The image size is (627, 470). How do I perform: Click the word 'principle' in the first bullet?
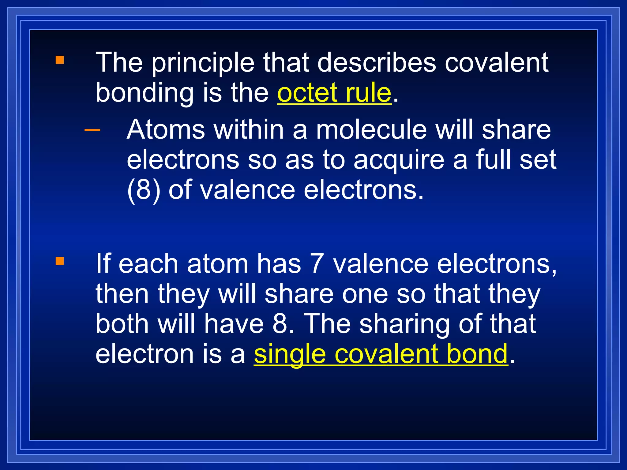coord(203,63)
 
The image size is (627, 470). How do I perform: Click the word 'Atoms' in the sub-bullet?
coord(166,130)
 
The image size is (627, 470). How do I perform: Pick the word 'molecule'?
coord(371,130)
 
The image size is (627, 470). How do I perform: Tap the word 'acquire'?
coord(399,160)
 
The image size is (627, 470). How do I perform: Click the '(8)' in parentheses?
coord(144,190)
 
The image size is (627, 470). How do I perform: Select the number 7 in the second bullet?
coord(317,263)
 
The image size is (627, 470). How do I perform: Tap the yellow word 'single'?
coord(290,354)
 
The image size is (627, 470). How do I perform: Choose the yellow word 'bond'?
coord(477,354)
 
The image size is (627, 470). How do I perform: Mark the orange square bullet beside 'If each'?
coord(60,261)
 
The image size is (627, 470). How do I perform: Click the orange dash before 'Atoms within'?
coord(92,130)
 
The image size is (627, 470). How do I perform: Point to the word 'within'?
coord(249,130)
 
